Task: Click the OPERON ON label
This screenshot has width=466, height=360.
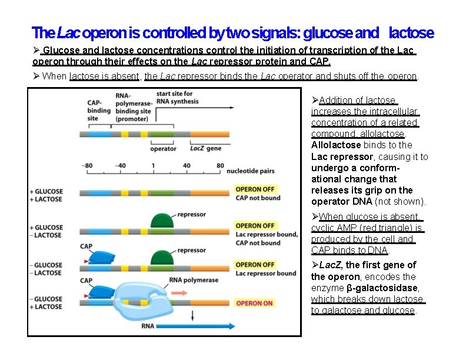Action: pos(255,304)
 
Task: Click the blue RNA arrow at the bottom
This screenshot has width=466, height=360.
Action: pos(189,325)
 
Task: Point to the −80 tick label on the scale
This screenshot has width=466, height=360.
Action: pos(88,166)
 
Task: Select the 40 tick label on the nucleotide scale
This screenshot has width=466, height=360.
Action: pos(187,166)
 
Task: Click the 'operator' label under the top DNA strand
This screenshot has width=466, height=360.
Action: pos(163,149)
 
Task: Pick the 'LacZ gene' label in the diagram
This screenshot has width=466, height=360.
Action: pos(205,149)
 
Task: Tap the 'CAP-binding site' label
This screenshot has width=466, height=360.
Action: pos(98,110)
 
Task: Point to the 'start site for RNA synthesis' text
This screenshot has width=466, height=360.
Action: pos(177,98)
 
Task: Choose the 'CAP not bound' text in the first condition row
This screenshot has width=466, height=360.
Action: pos(257,198)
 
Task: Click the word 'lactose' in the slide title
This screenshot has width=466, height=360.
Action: pos(411,32)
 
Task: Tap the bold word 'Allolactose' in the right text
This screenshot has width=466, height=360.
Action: pos(336,145)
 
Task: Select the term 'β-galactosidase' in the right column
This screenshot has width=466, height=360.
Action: pos(382,288)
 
